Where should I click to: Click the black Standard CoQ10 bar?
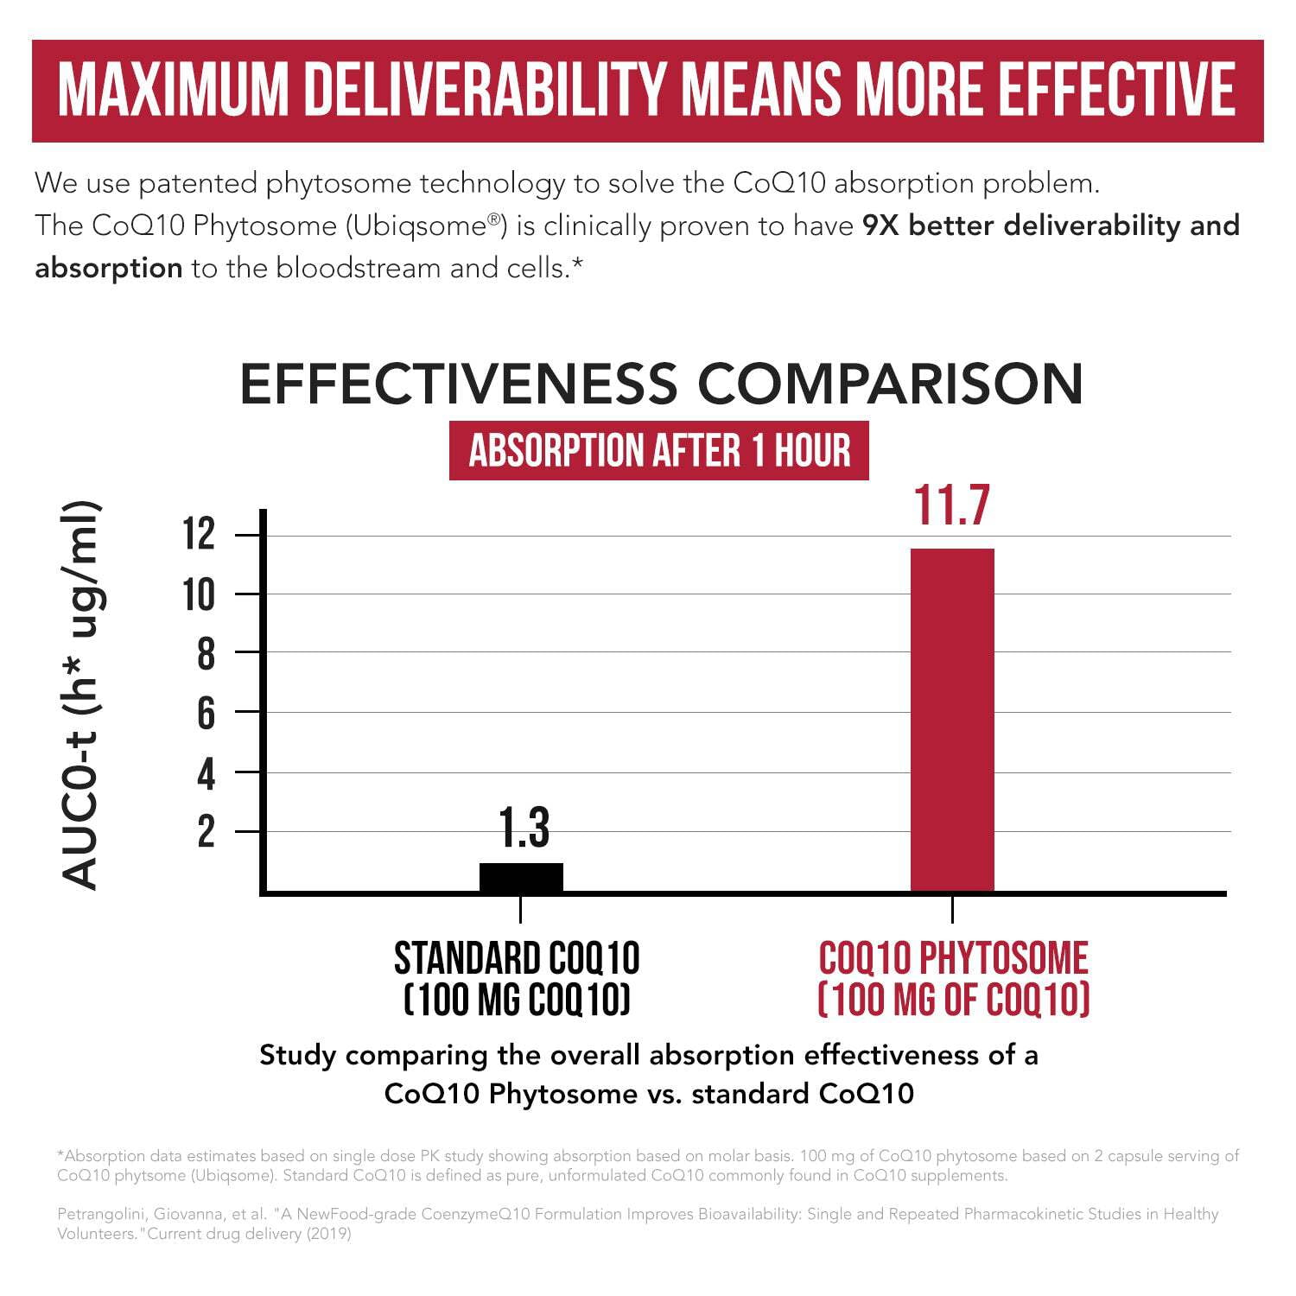coord(521,876)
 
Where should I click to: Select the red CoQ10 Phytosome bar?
coord(952,719)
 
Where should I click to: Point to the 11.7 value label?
coord(951,505)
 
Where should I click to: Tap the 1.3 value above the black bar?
coord(524,827)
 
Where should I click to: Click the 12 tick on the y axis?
coord(199,534)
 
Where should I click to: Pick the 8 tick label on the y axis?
coord(206,654)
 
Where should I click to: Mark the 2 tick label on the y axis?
coord(206,831)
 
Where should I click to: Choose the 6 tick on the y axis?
coord(206,714)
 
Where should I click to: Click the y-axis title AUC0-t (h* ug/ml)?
coord(81,696)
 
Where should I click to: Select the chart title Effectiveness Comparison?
coord(661,384)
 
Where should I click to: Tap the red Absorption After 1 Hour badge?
coord(659,450)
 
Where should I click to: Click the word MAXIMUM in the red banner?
coord(173,89)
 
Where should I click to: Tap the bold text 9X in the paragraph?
coord(881,226)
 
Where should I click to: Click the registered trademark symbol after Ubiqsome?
coord(494,219)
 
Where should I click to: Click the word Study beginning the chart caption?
coord(297,1055)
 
